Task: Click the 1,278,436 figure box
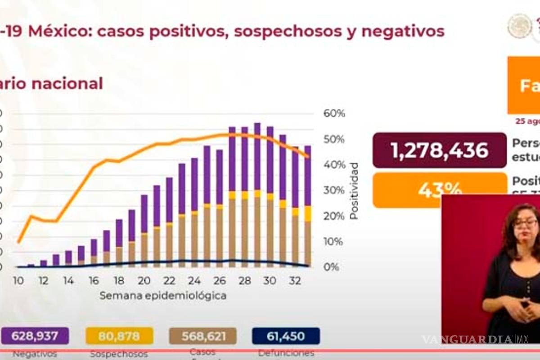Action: [440, 150]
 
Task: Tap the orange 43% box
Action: [440, 190]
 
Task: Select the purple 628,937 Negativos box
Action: [36, 336]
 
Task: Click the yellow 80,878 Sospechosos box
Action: [119, 336]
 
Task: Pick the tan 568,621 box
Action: [203, 336]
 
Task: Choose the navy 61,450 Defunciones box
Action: [286, 336]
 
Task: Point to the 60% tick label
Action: [334, 113]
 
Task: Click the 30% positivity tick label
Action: [334, 190]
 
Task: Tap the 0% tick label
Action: [332, 267]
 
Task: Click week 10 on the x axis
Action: [18, 280]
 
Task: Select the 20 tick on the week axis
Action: [144, 280]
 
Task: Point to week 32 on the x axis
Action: [295, 280]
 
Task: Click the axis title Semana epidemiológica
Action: [163, 296]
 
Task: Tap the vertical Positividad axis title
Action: [354, 191]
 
